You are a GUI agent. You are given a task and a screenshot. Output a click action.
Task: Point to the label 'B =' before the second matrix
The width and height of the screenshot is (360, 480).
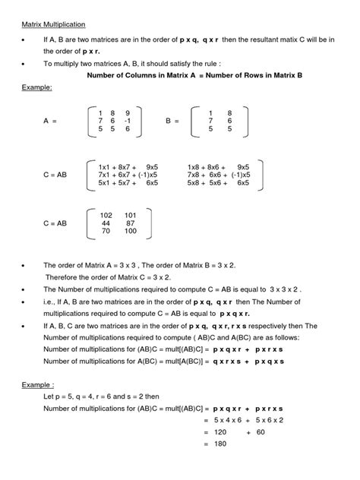(173, 120)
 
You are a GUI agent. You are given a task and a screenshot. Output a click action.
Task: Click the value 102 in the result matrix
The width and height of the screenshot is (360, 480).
(106, 215)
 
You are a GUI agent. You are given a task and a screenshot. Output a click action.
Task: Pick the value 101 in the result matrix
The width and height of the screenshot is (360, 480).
(130, 215)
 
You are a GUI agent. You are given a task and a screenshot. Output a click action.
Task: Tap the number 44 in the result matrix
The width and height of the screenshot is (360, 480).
(106, 223)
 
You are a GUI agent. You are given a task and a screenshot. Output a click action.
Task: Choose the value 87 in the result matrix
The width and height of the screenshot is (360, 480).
(131, 223)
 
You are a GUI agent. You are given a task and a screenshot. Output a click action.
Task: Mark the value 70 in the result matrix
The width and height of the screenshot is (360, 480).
(106, 232)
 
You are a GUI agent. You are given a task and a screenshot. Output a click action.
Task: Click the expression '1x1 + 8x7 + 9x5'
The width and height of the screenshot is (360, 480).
(128, 166)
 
